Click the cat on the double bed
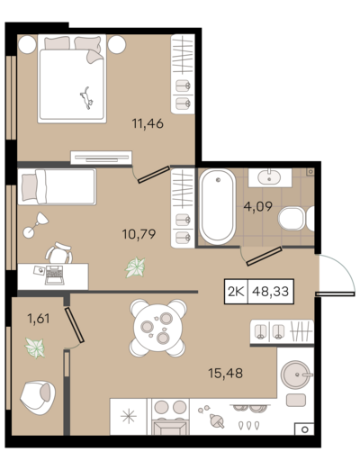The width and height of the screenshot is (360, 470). [86, 98]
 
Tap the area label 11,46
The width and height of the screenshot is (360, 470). [148, 123]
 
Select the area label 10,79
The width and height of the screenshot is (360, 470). [139, 234]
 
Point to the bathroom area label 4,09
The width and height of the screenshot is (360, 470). [258, 206]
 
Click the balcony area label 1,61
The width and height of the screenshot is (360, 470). [39, 318]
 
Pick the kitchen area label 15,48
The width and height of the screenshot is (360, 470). [226, 373]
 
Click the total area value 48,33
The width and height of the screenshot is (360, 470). [271, 291]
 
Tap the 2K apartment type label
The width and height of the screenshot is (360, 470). [236, 291]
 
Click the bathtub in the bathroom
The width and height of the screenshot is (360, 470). [218, 207]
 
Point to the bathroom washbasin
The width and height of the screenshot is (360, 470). [270, 177]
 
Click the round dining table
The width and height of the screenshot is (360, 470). [158, 328]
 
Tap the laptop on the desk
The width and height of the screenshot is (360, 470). [54, 275]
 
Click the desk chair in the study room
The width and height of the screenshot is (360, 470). [59, 253]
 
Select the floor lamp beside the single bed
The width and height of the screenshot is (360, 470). [36, 225]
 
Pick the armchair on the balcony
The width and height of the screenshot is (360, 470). [38, 398]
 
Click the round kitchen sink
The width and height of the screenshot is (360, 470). [295, 375]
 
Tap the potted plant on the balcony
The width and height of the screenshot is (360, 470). [35, 348]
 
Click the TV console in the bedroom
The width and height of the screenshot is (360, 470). [101, 158]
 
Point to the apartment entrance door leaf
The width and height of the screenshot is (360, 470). [335, 294]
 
